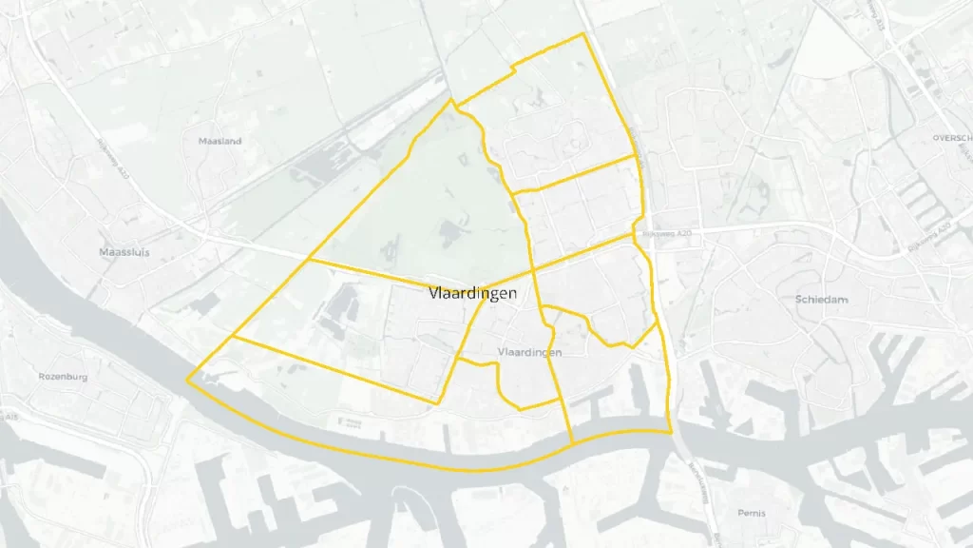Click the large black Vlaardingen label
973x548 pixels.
[x=473, y=293]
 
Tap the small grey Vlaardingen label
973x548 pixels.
[x=529, y=352]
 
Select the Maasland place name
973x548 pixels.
[x=220, y=141]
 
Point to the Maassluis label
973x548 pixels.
[x=124, y=252]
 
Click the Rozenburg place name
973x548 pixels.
[x=64, y=377]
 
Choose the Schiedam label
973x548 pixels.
[x=820, y=300]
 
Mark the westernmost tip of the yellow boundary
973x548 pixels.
[x=187, y=379]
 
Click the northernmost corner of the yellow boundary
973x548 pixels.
[x=582, y=34]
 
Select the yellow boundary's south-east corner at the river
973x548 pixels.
[x=672, y=431]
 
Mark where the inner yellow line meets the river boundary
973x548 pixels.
[x=572, y=442]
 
